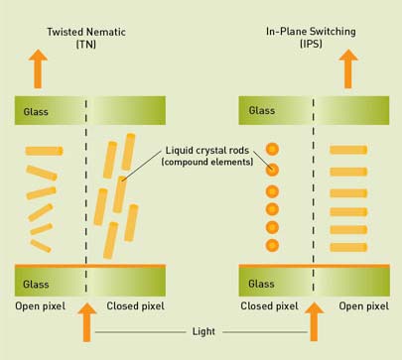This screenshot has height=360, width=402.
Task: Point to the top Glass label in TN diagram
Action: (33, 111)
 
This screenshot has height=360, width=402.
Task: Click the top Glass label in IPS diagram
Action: (261, 111)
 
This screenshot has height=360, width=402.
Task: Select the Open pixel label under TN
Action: (40, 306)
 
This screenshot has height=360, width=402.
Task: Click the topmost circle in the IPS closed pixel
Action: (273, 150)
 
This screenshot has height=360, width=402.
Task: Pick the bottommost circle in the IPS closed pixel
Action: (273, 244)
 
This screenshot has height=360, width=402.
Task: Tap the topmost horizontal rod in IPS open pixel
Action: (348, 150)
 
